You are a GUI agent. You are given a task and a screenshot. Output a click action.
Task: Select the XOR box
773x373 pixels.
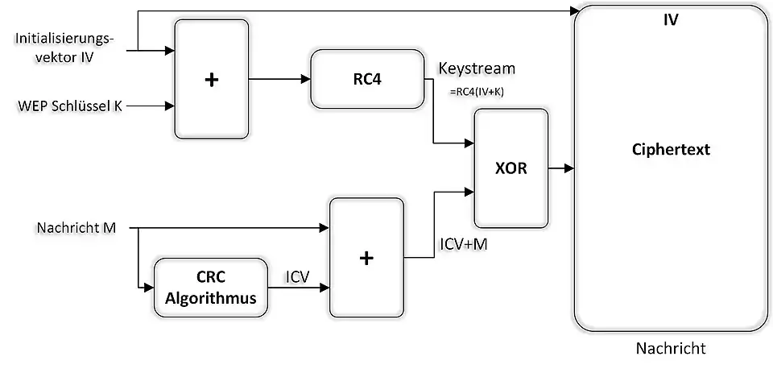point(511,168)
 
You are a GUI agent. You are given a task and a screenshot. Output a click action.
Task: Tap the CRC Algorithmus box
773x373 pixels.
point(210,288)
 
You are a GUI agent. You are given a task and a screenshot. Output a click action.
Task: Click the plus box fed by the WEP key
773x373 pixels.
point(212,79)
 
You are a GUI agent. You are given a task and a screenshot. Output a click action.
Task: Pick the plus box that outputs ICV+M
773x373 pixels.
point(366,257)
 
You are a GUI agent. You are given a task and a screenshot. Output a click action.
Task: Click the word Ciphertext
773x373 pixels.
point(671,150)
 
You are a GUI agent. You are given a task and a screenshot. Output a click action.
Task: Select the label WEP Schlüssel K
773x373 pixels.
point(68,106)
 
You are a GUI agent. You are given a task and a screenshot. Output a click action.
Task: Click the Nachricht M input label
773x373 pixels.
point(76,228)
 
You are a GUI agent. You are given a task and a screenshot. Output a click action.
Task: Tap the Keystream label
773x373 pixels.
point(477,68)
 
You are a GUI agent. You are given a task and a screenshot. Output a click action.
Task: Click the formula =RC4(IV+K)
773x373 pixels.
point(476,91)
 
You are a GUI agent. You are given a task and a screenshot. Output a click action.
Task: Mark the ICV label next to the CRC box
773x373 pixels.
point(299,276)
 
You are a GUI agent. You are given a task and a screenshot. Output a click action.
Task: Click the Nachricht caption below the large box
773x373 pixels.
point(670,349)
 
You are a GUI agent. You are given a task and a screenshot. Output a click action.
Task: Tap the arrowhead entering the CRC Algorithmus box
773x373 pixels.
point(148,287)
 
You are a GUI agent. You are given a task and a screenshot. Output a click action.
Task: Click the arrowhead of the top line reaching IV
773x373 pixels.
point(575,11)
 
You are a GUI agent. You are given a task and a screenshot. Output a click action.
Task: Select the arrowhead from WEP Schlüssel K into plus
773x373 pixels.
point(170,106)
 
